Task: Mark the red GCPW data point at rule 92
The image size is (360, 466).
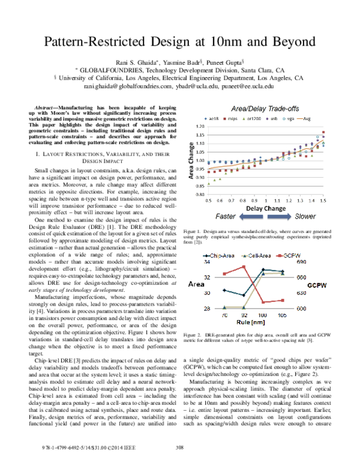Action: coord(244,267)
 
